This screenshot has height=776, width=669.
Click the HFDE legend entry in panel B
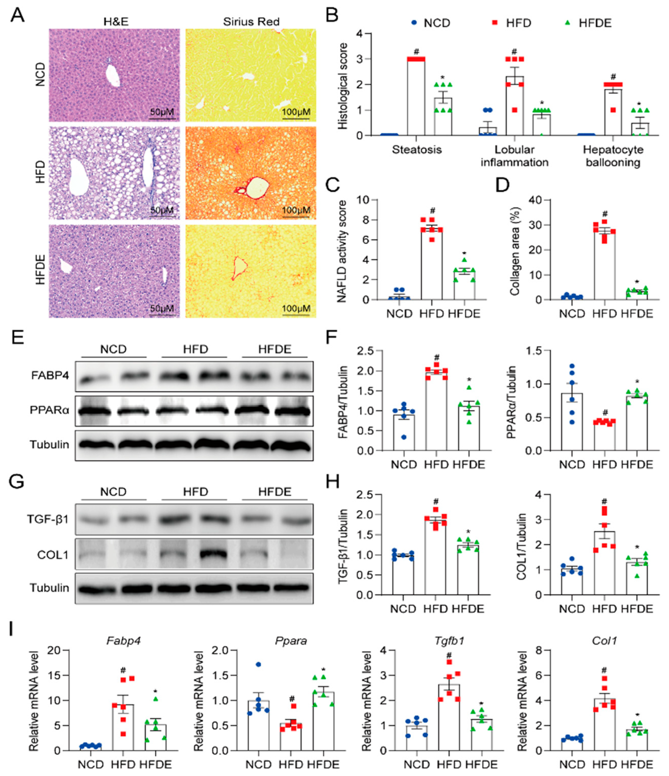coord(594,23)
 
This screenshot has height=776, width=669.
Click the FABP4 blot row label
coord(50,375)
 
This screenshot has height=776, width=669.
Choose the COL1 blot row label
coord(53,555)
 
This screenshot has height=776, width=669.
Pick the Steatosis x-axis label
coord(417,150)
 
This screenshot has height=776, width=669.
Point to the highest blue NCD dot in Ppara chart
coord(258,664)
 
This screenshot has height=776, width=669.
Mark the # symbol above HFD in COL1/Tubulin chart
coord(604,501)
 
